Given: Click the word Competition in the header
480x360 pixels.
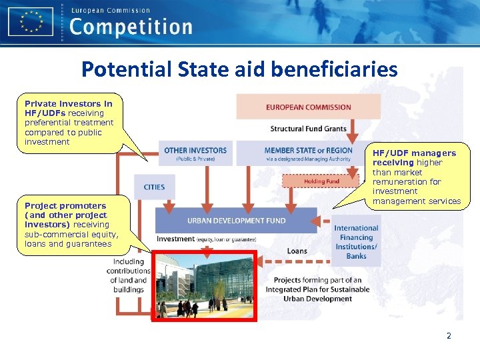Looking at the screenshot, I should [x=131, y=27].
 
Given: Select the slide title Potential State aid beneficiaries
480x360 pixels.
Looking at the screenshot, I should [x=239, y=69].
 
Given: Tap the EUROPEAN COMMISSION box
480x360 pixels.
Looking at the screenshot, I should [x=308, y=107].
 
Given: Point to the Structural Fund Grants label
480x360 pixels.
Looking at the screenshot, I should [x=308, y=128].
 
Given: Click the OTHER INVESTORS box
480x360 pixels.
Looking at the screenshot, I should [x=195, y=153].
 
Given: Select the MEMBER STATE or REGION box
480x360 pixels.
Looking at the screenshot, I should [x=308, y=153].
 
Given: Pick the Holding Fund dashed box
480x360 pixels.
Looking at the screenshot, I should [x=321, y=181].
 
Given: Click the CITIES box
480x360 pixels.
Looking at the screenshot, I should [x=154, y=187].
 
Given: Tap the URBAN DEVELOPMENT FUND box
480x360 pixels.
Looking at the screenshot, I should [x=236, y=220].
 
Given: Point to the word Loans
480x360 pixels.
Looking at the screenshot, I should [x=297, y=251].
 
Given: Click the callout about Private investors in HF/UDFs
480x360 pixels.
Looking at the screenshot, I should [x=69, y=123].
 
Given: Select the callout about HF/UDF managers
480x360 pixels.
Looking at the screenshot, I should [x=416, y=177].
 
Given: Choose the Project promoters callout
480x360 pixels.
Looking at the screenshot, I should [x=71, y=225].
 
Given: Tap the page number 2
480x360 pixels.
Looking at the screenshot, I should [x=449, y=336].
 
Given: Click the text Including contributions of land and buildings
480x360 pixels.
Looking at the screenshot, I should [x=128, y=276].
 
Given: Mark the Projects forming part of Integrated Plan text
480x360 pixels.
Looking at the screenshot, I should [x=317, y=289].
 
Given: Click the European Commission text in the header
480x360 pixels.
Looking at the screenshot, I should [x=110, y=10].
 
